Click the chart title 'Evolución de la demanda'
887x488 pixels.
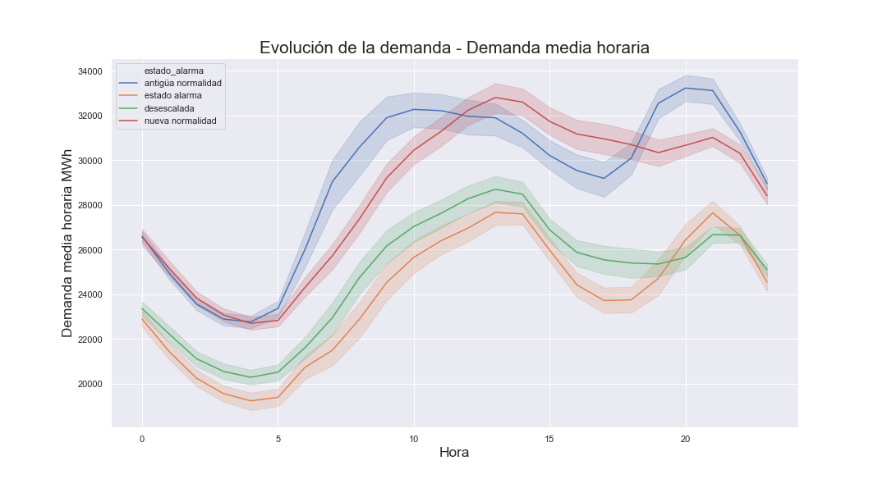point(454,48)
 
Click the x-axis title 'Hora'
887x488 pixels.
point(454,453)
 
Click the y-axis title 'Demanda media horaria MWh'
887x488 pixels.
point(67,244)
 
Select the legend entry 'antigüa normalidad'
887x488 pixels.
point(182,83)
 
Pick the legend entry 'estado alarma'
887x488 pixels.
point(172,95)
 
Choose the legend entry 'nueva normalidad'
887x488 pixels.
point(180,121)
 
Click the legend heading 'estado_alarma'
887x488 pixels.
point(173,71)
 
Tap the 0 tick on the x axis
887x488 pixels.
point(142,439)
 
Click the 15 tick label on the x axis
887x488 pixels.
point(549,439)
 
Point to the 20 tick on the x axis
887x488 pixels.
point(685,439)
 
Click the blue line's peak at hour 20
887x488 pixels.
point(685,88)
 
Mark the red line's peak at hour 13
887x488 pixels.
point(495,98)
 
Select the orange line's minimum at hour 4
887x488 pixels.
point(250,401)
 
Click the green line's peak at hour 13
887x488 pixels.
point(495,189)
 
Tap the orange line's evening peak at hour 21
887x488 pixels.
point(712,213)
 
